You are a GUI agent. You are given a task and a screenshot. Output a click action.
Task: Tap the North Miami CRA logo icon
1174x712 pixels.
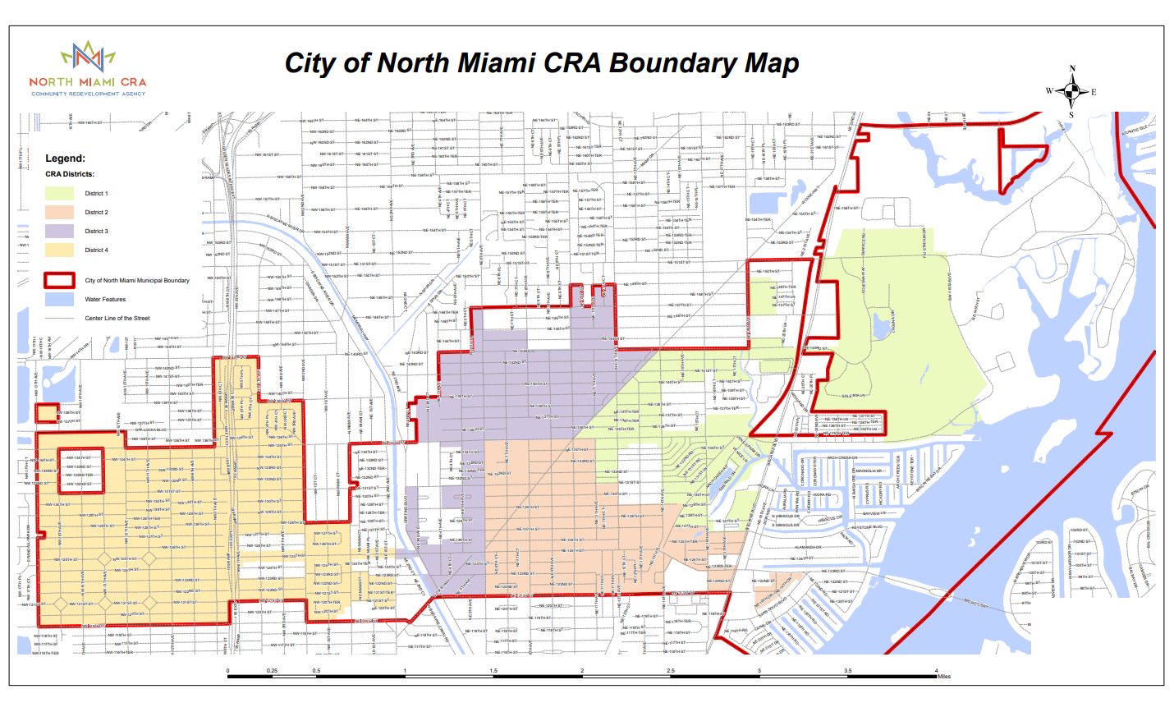(x=88, y=57)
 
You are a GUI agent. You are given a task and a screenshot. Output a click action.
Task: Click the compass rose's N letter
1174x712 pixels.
(x=1071, y=70)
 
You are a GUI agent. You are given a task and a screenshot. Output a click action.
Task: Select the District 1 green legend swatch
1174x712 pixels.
(x=59, y=193)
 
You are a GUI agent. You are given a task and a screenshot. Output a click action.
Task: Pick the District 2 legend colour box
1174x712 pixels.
(x=59, y=212)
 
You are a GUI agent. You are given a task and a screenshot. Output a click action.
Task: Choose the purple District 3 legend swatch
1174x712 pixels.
(x=59, y=231)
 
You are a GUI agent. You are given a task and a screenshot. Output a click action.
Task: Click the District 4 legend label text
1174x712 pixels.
(x=96, y=250)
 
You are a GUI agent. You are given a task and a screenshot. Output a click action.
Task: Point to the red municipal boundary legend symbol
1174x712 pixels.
(x=59, y=280)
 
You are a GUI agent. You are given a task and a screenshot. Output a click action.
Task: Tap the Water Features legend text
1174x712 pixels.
(x=105, y=299)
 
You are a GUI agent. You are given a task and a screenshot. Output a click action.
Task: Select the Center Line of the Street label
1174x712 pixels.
(x=117, y=318)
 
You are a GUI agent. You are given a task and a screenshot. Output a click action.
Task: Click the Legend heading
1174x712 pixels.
(x=65, y=158)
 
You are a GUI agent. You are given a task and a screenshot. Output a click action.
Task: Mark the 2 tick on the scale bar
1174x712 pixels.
(x=582, y=671)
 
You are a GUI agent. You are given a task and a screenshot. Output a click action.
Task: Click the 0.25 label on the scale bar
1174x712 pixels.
(x=272, y=671)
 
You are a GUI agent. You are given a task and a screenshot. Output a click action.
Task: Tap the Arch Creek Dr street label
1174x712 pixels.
(x=842, y=458)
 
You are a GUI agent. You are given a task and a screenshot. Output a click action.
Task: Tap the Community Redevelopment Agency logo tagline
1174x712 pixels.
(x=88, y=94)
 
